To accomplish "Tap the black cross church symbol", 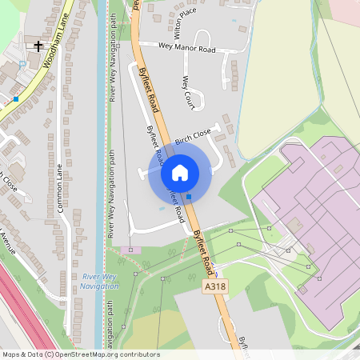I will coord(38,46).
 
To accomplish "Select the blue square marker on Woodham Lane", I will coord(16,99).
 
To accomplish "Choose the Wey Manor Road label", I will coord(188,49).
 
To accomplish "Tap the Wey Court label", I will coord(188,93).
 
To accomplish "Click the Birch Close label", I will coord(193,136).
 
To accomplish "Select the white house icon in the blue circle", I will coord(180,173).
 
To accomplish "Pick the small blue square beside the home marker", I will coord(190,196).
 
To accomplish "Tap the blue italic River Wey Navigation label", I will coord(100,281).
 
